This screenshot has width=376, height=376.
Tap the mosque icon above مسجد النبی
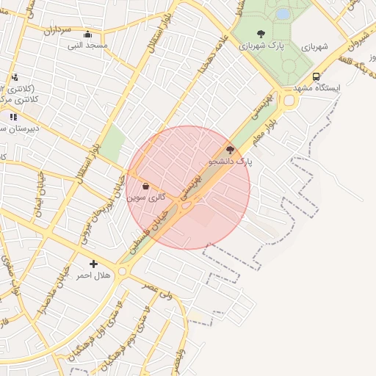click(x=88, y=35)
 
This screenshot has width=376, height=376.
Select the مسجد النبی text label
click(x=88, y=46)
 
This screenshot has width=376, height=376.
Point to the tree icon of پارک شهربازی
click(x=261, y=34)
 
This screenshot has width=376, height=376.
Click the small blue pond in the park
click(x=283, y=14)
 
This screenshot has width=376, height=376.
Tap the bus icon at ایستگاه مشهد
click(x=316, y=76)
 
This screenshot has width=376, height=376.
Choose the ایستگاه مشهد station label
click(x=318, y=88)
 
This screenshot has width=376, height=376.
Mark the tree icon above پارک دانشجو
click(x=230, y=149)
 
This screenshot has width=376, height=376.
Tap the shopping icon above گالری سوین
click(x=145, y=186)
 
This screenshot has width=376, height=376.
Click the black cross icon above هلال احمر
click(x=93, y=264)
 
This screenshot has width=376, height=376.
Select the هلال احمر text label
click(x=93, y=275)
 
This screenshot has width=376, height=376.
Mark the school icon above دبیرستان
click(x=12, y=116)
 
